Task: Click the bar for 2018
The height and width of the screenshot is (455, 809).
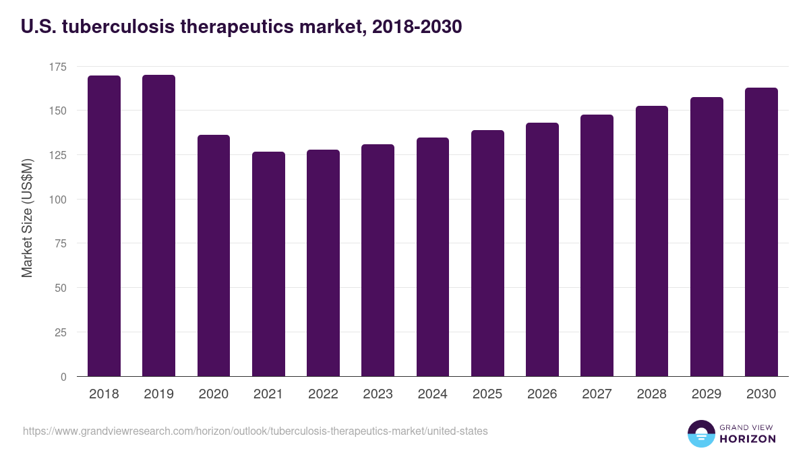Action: click(104, 226)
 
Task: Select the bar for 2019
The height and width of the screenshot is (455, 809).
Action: click(158, 226)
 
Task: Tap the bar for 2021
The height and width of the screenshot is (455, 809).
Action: click(268, 264)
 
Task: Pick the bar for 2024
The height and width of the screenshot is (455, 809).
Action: click(433, 257)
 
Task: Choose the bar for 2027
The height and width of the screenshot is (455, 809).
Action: click(597, 245)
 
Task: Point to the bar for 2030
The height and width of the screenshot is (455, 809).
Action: click(761, 232)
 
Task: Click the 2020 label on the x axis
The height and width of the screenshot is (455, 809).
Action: click(213, 394)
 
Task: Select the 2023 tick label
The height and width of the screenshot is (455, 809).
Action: click(378, 394)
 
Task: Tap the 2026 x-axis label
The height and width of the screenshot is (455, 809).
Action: click(542, 394)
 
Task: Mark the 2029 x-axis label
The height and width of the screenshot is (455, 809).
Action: click(707, 394)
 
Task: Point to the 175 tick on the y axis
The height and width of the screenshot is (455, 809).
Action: click(57, 67)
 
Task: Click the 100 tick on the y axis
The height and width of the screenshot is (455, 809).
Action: click(57, 200)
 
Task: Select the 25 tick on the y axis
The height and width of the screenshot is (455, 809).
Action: click(60, 332)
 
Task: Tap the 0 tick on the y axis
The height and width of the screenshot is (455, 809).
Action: click(63, 377)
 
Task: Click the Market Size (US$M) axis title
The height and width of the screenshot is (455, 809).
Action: click(27, 218)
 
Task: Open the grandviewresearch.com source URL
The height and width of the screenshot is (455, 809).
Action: click(255, 431)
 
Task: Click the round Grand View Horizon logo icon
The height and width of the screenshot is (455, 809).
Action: click(701, 433)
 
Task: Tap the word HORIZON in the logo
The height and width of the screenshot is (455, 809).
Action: click(747, 439)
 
